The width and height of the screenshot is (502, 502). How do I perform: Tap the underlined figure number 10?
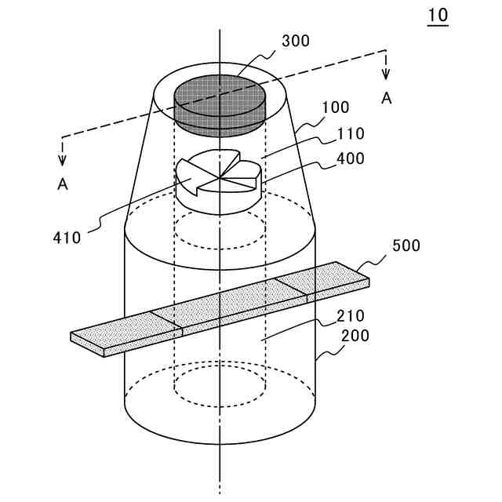(438, 15)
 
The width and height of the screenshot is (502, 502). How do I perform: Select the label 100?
(336, 107)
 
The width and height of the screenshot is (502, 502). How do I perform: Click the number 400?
(350, 158)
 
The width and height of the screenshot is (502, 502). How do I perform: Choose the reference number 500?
(406, 245)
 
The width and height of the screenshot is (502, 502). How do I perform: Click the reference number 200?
(353, 336)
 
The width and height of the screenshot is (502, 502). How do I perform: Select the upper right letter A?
(386, 97)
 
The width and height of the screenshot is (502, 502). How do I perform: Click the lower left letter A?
(62, 185)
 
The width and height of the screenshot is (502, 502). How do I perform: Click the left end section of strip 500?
(125, 333)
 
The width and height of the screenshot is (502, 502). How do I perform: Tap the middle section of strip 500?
(227, 306)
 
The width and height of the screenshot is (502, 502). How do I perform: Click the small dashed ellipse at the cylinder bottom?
(220, 385)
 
